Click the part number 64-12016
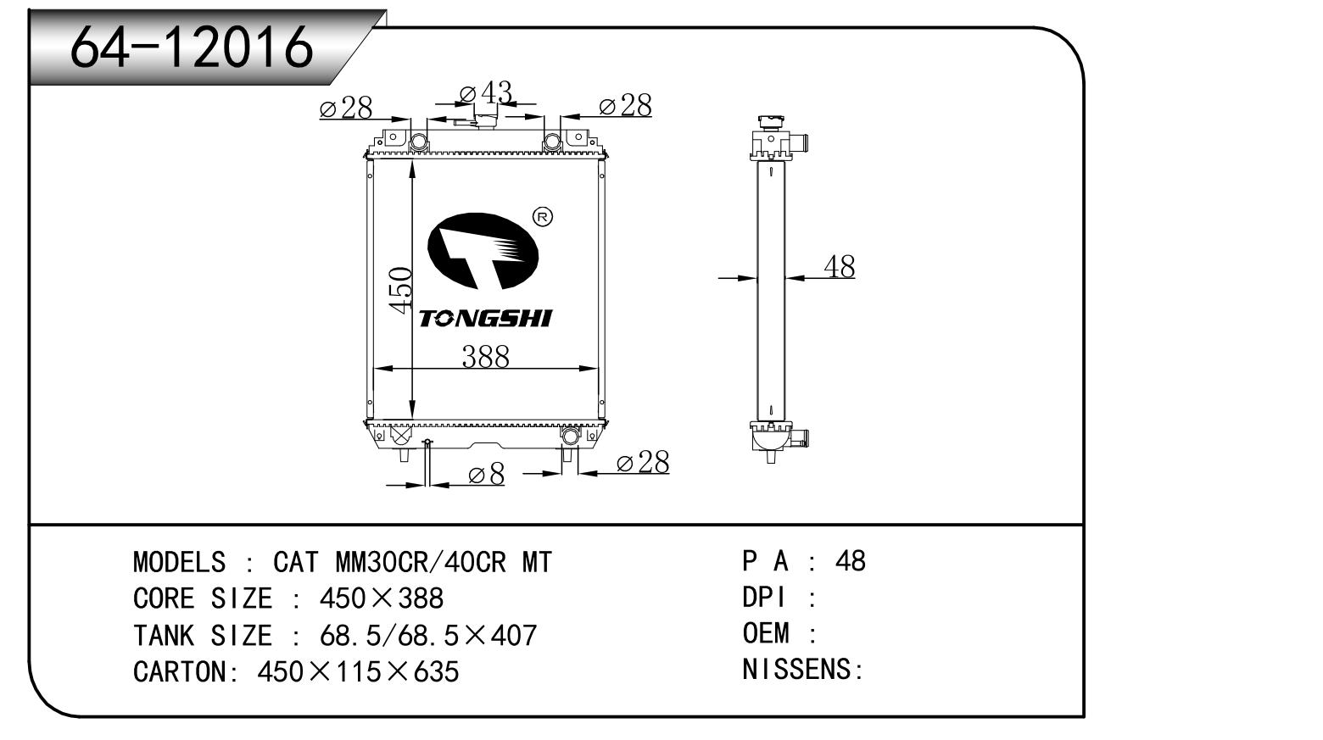191,46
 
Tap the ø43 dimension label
485,92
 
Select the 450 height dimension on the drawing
400,288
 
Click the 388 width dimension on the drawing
485,357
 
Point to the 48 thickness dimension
839,267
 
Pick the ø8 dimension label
486,475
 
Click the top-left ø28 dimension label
346,108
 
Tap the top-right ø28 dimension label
625,106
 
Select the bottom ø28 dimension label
643,463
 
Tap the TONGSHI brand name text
485,319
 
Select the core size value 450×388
381,598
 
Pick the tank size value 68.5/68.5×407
427,635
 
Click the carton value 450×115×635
357,671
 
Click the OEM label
766,633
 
